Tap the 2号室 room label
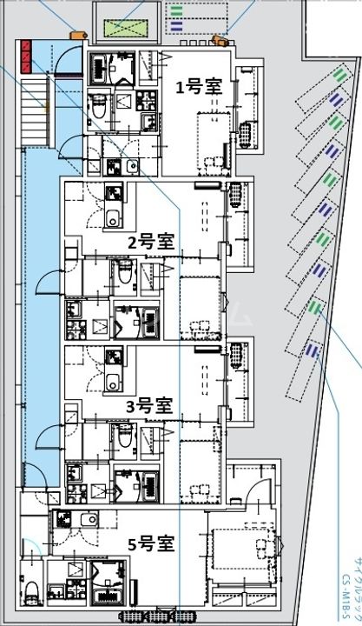[x=146, y=243]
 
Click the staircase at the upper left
[x=34, y=95]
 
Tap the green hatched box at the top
[x=128, y=27]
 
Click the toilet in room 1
[x=97, y=106]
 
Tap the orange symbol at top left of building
[x=76, y=36]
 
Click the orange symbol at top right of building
[x=220, y=39]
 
